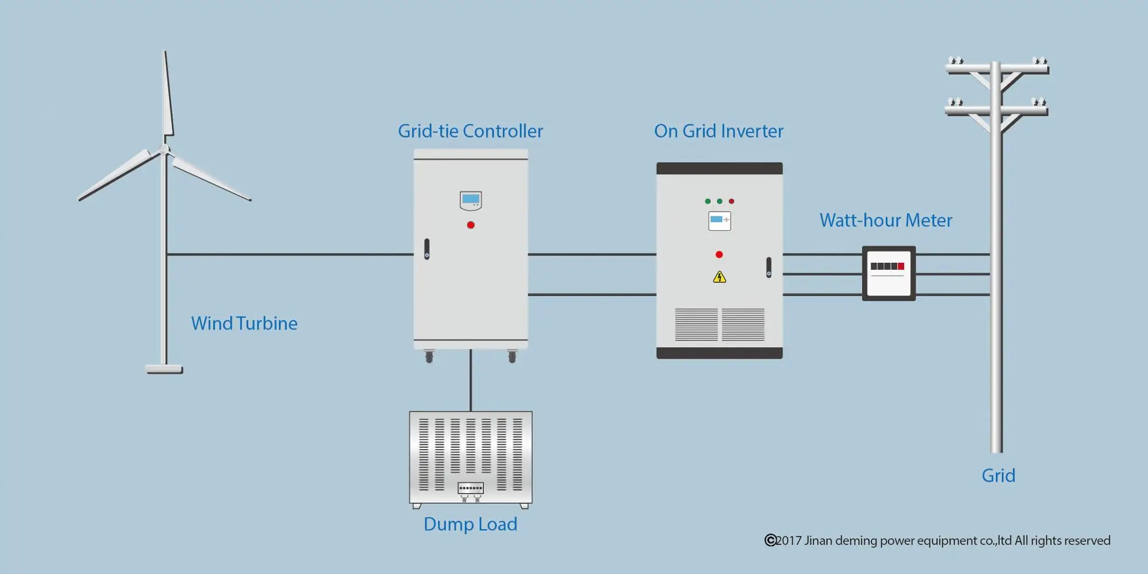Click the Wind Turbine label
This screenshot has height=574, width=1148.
(244, 323)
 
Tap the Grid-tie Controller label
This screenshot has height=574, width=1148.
(470, 131)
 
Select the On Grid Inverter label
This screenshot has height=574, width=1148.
(718, 131)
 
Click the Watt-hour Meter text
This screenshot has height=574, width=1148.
(885, 220)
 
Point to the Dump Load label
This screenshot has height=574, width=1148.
(470, 524)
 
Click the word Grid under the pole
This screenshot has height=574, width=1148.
(998, 475)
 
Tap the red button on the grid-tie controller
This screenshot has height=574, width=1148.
(471, 225)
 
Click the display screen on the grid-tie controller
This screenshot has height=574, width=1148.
(471, 200)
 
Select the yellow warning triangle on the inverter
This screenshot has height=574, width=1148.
(719, 278)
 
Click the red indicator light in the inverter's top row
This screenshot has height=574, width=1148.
(731, 201)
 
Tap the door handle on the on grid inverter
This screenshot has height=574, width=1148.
(769, 267)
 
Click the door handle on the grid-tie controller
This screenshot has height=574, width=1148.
(426, 249)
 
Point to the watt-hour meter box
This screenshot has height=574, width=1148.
(889, 273)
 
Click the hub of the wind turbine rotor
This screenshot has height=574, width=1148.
(165, 150)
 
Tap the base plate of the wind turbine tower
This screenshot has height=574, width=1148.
(164, 369)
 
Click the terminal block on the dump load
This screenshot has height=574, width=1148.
(471, 488)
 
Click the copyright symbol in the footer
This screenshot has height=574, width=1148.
(770, 540)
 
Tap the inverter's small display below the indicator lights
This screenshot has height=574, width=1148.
(719, 220)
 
